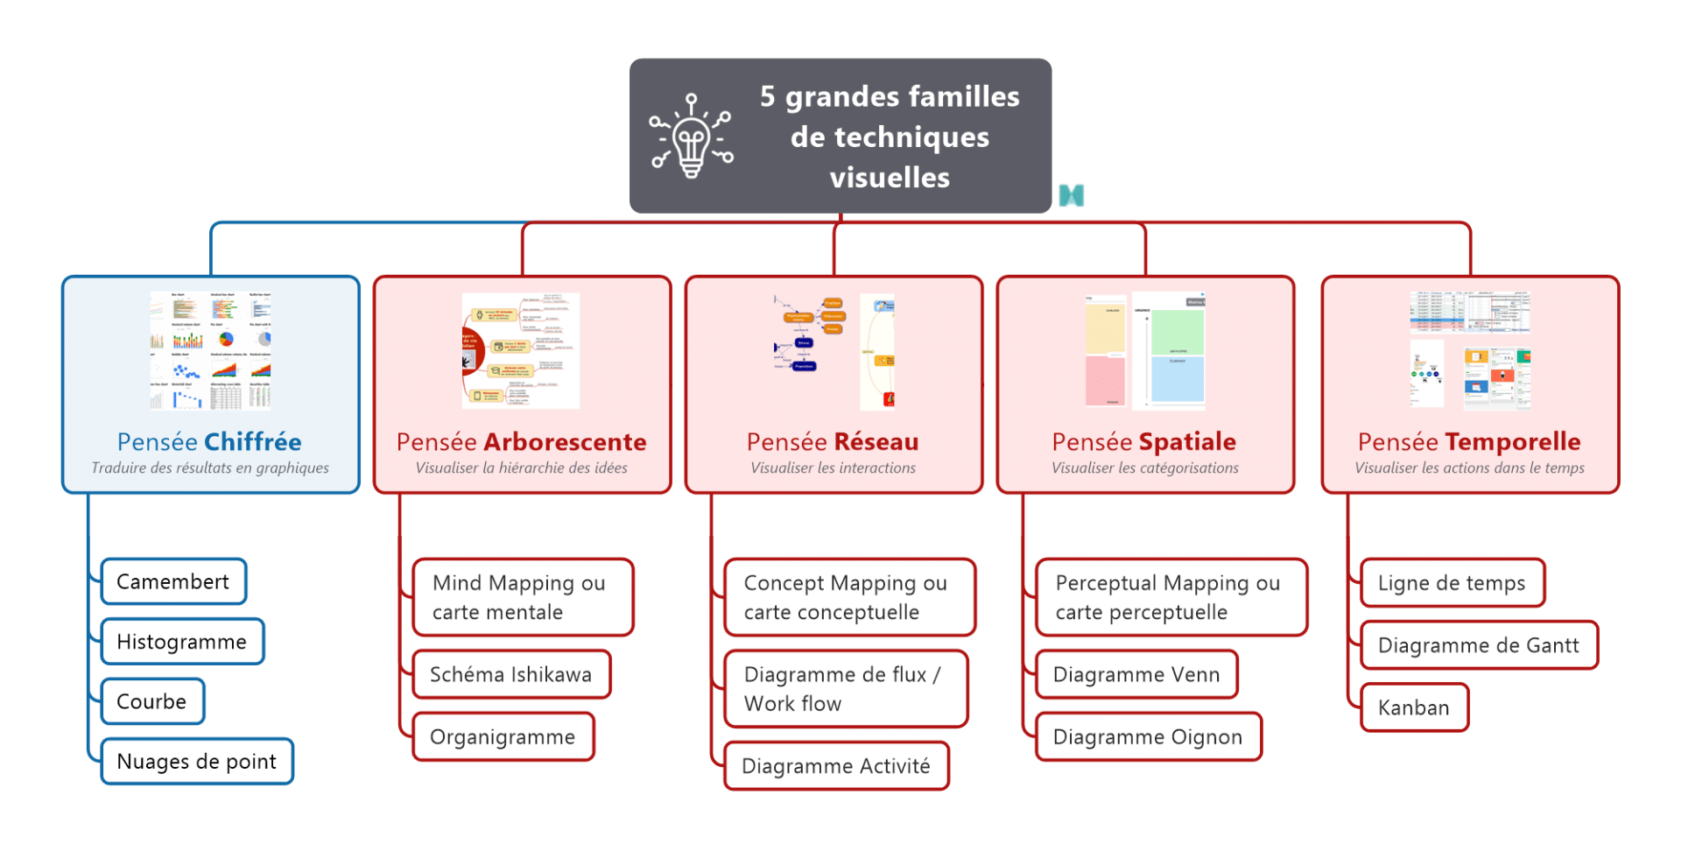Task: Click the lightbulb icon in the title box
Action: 692,136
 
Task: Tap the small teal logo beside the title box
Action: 1071,195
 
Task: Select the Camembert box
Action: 173,581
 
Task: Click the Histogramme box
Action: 182,642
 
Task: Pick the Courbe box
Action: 152,701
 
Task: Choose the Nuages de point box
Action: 197,762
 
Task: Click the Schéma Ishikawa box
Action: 511,674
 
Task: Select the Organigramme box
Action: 503,737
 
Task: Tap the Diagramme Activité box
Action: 836,766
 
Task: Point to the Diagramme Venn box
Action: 1136,674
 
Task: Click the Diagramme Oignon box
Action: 1148,737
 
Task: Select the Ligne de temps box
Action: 1452,583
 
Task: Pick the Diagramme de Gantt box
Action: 1479,645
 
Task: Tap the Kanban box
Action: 1414,707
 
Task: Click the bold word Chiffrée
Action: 253,442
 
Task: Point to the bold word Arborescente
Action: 565,442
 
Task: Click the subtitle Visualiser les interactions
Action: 833,468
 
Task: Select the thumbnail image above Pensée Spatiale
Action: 1145,351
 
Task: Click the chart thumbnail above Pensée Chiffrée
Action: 210,351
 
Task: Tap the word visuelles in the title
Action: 890,178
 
